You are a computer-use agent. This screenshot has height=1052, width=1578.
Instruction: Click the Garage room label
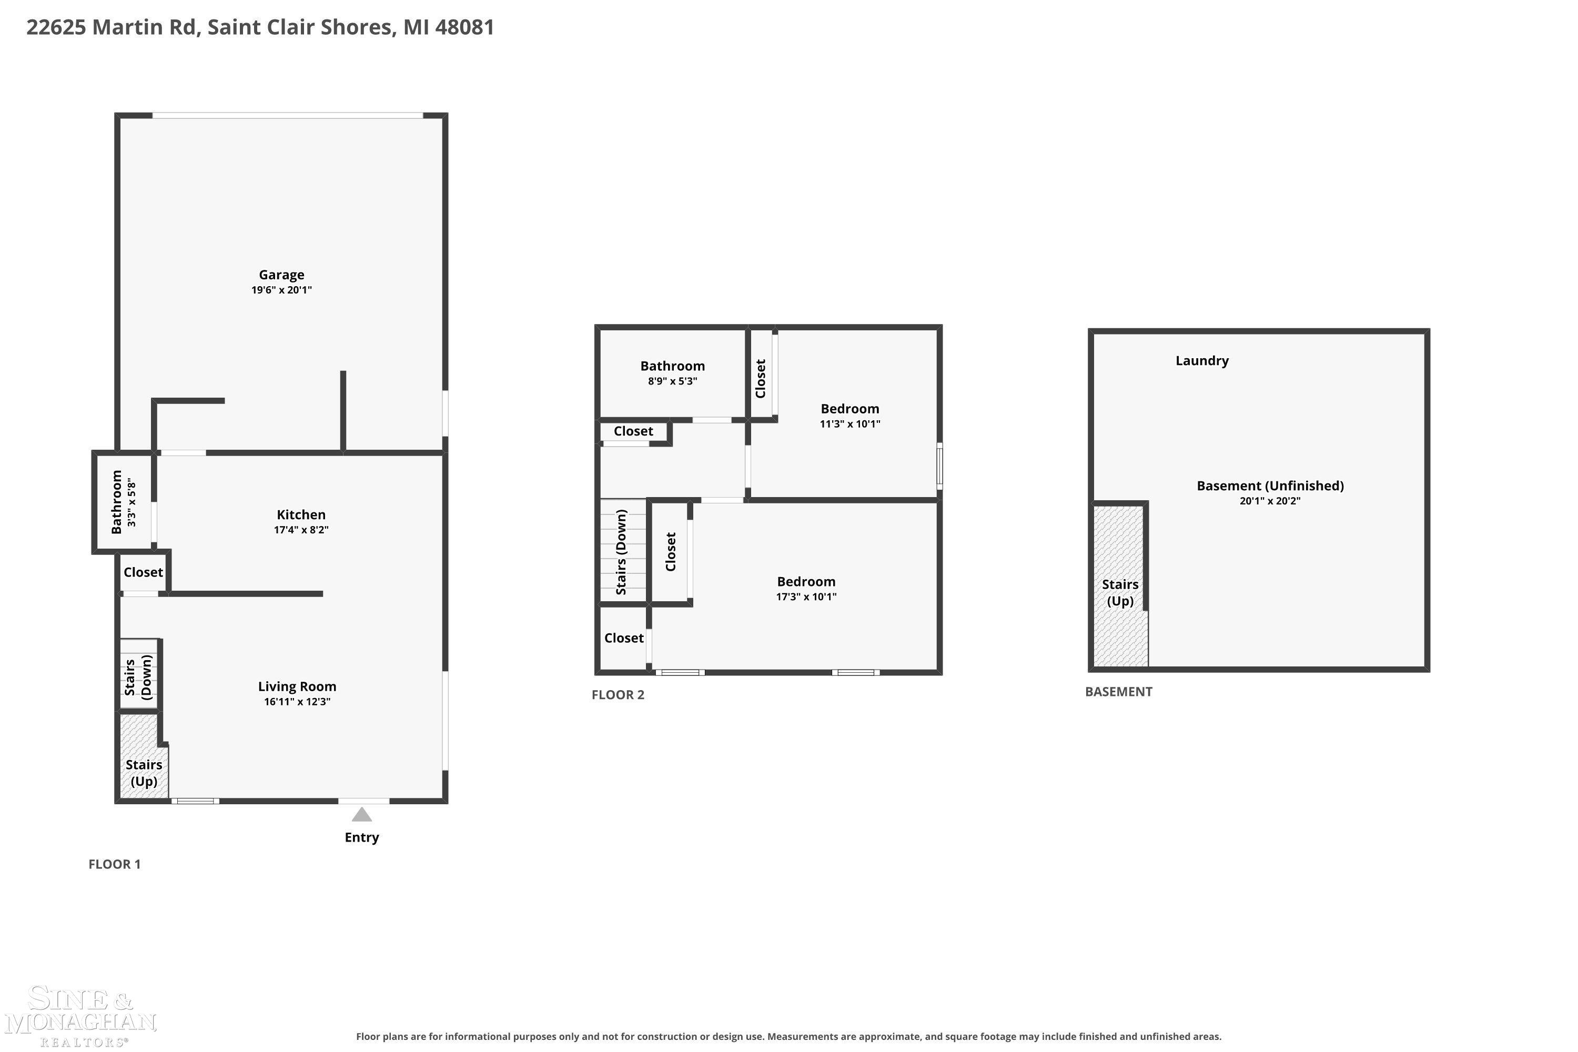tap(282, 275)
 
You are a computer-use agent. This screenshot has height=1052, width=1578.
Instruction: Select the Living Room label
tap(297, 686)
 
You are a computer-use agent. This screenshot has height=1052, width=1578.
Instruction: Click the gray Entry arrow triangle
tap(362, 814)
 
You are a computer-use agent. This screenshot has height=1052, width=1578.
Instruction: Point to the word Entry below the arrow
tap(362, 837)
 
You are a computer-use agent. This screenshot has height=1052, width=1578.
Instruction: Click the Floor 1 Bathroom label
tap(117, 502)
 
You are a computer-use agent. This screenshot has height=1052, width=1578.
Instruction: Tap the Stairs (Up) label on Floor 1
tap(144, 773)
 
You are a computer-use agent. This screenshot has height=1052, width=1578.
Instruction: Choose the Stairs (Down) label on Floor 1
tap(138, 677)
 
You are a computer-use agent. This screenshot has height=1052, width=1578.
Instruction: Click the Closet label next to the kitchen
tap(143, 572)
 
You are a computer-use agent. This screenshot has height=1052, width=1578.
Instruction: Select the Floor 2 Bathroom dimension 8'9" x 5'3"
tap(672, 381)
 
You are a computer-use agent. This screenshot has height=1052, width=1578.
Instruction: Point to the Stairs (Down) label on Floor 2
tap(621, 552)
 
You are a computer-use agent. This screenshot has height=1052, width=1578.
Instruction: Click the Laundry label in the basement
tap(1202, 361)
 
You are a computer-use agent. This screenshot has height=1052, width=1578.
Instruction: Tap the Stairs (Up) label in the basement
tap(1120, 592)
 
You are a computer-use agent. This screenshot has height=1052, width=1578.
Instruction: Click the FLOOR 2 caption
tap(618, 695)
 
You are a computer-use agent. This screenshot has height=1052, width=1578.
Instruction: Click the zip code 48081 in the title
tap(464, 27)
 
